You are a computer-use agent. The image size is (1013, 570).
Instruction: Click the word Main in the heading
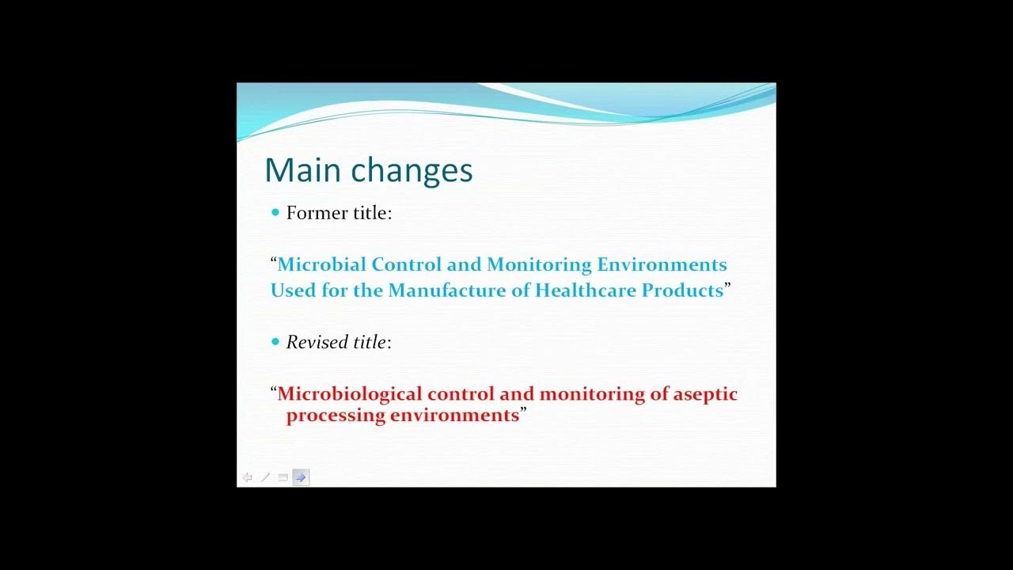click(303, 170)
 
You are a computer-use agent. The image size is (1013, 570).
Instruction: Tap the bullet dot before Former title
click(275, 212)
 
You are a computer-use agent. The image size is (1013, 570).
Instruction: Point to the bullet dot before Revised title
click(275, 341)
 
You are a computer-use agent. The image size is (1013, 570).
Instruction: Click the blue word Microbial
click(321, 264)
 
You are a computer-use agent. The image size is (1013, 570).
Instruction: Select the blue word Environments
click(662, 264)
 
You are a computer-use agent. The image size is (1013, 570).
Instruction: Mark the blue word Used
click(293, 291)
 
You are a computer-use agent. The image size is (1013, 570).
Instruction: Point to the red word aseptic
click(705, 394)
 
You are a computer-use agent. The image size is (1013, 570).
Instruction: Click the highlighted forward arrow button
click(301, 477)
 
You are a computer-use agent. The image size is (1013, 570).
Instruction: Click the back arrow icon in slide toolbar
click(248, 477)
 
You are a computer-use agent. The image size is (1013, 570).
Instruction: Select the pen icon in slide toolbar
click(265, 477)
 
